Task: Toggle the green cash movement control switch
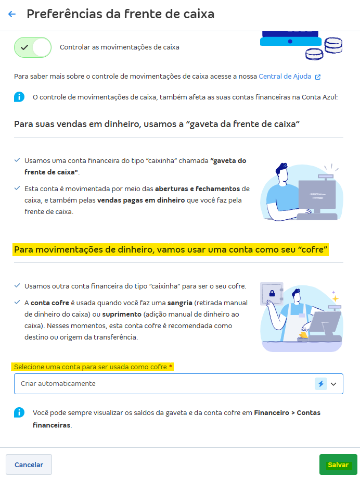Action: [33, 47]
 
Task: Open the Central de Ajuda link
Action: [285, 77]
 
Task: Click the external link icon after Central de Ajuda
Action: [318, 77]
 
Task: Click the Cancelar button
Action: [29, 465]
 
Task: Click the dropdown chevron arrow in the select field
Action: [333, 384]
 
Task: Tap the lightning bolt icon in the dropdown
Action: [321, 384]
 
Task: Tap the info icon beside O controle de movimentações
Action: [19, 97]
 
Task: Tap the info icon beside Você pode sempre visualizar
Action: [19, 413]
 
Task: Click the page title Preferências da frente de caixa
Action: [120, 14]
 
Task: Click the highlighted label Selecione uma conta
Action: [93, 367]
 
